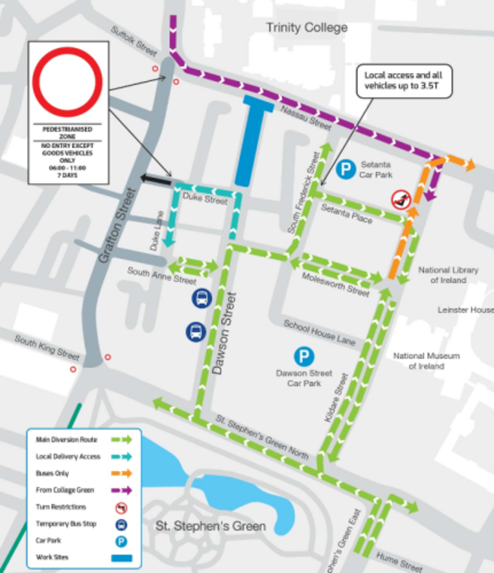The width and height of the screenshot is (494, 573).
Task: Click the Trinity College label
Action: (306, 28)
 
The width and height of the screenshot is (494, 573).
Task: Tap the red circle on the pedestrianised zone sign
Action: (68, 82)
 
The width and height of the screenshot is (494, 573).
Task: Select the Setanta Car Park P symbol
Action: (347, 169)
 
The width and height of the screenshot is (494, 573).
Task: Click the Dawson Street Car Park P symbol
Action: (304, 355)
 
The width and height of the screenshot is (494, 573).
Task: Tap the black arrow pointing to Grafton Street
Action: (156, 179)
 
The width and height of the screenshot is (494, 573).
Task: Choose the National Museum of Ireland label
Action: (426, 361)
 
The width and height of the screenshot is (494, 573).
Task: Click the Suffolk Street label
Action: (133, 43)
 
